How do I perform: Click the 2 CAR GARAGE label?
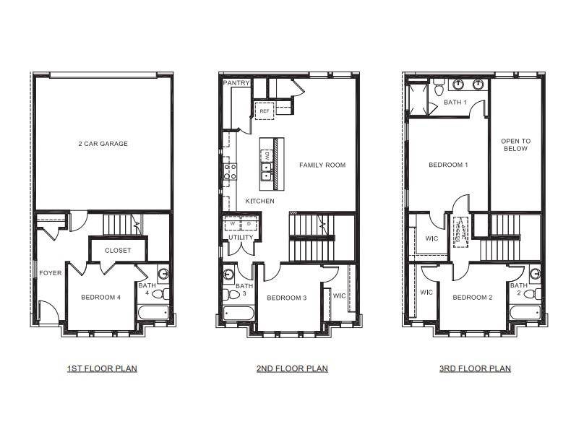pos(103,144)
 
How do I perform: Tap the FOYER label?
pos(50,273)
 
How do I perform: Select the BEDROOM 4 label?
pos(100,297)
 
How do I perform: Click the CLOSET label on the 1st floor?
pos(118,251)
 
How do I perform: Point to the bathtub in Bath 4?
pos(153,314)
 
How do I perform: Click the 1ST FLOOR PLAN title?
pos(102,368)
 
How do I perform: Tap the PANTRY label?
pos(236,84)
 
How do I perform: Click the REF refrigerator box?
pos(264,111)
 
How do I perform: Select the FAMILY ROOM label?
pos(322,165)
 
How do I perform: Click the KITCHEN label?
pos(259,201)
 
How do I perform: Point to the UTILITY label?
pos(241,237)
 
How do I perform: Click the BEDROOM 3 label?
pos(287,298)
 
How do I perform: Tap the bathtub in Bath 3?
pos(239,314)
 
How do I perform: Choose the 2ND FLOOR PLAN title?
pos(292,368)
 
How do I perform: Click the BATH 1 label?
pos(455,103)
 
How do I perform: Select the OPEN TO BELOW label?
pos(515,145)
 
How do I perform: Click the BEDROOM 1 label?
pos(448,165)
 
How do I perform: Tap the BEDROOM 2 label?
pos(473,298)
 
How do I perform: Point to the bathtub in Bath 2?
pos(525,314)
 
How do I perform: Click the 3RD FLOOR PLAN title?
pos(475,368)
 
